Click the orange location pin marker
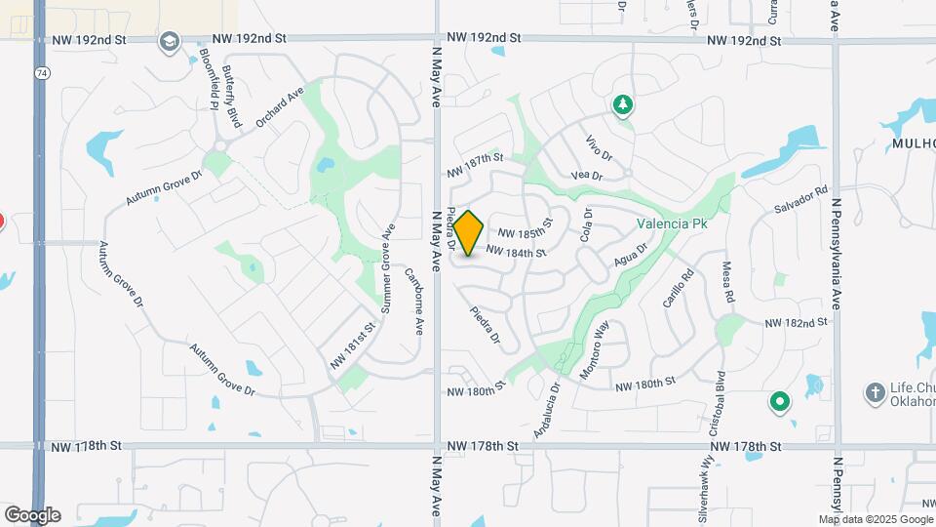point(469,233)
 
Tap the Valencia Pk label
point(671,223)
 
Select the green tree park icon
point(622,103)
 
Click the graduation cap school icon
point(170,41)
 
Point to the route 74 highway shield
point(39,73)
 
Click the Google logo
point(31,514)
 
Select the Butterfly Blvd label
point(231,98)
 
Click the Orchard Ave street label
point(281,111)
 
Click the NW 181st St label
point(353,345)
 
